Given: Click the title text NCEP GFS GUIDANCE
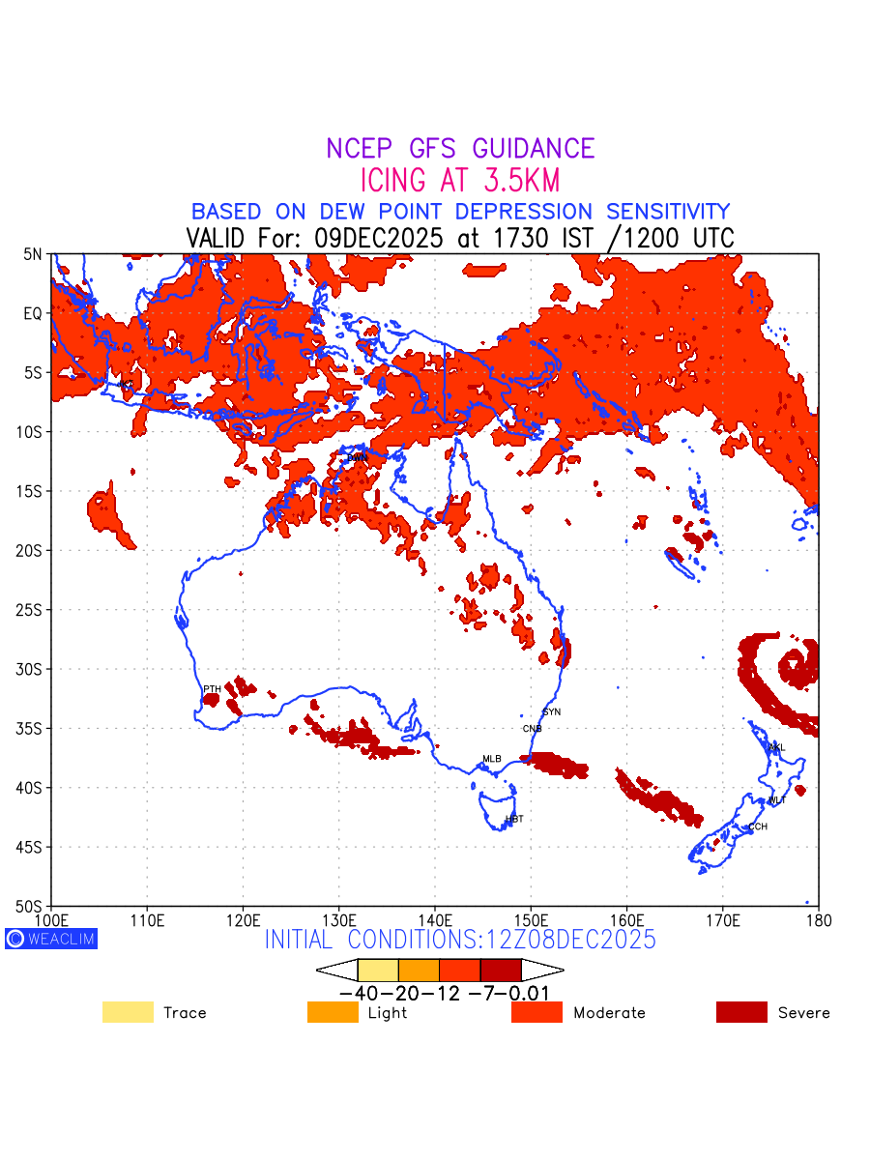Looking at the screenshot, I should pos(460,149).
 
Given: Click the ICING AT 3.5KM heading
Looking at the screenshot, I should pos(460,181).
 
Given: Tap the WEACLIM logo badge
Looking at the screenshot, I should pos(51,939).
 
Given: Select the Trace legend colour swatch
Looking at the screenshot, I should pos(128,1012).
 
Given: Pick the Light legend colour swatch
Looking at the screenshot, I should pos(333,1012).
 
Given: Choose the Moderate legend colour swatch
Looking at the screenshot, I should pos(536,1012).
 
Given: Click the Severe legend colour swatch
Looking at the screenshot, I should pos(741,1012).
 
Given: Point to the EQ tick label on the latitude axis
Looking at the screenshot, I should pos(33,313).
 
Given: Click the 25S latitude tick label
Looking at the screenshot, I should pos(31,610).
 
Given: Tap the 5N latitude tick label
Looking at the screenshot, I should pos(33,254).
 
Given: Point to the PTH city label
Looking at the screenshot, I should pos(212,688).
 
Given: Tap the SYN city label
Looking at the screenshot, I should pos(552,712).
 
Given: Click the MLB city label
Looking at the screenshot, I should pos(492,759).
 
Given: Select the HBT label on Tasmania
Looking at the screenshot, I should pos(514,819).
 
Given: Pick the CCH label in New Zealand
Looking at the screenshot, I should pos(758,826).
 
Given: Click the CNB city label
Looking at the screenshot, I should pos(533,728).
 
